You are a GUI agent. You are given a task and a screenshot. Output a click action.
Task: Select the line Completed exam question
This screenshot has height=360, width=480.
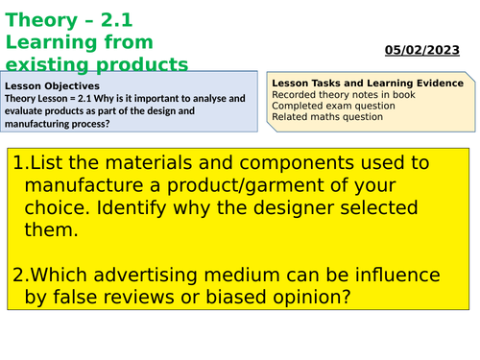(x=329, y=107)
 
